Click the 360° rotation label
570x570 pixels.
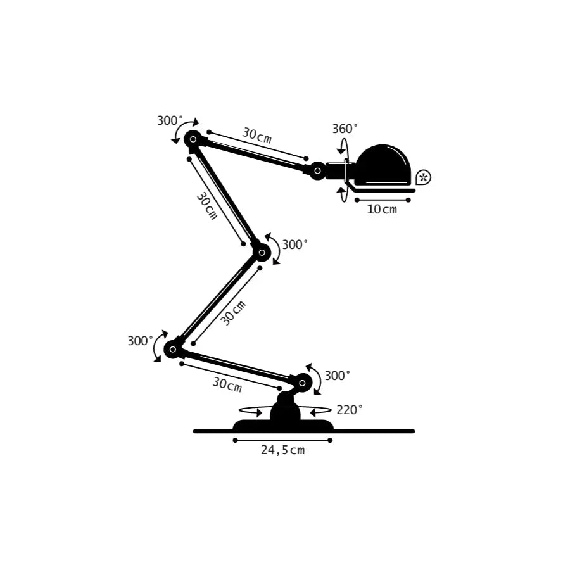[345, 129]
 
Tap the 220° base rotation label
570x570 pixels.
[350, 410]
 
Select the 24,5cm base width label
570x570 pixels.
[283, 450]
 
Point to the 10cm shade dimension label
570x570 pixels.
[383, 209]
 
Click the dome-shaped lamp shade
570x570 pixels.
[383, 165]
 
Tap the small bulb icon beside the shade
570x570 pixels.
[424, 177]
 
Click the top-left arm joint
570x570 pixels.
[193, 139]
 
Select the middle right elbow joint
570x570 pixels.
[262, 253]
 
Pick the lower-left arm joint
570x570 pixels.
[172, 349]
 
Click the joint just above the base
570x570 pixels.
[302, 382]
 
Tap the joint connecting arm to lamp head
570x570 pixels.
[317, 170]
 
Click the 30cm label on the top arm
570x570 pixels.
[256, 136]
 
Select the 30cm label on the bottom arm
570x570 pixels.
[227, 384]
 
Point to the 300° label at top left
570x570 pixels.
[170, 120]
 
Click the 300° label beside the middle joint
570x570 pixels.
[295, 244]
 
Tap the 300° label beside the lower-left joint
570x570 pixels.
[140, 341]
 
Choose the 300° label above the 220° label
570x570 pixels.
[338, 376]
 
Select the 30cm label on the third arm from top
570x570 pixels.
[233, 312]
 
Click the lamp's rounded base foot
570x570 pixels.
[283, 425]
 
